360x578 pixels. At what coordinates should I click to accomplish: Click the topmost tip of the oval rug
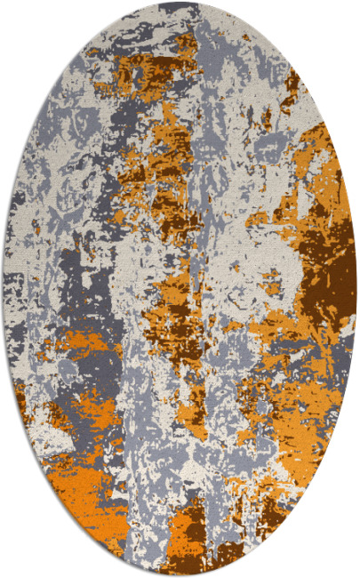pyautogui.click(x=180, y=4)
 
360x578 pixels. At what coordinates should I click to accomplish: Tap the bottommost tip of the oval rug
pyautogui.click(x=180, y=574)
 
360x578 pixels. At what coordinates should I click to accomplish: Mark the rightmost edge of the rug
pyautogui.click(x=356, y=289)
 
